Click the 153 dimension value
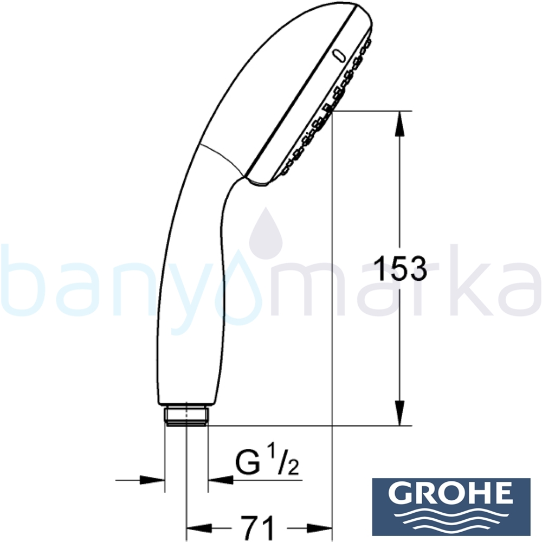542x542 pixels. point(401,268)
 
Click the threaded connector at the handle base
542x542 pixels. point(185,415)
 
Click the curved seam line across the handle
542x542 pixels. point(222,157)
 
